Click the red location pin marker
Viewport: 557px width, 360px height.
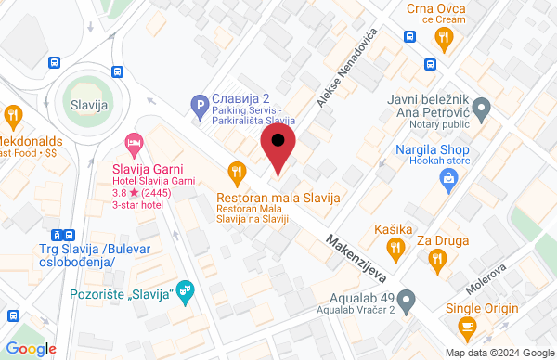pos(278,148)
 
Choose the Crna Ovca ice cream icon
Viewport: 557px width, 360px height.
pos(444,38)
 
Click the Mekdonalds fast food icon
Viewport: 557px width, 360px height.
pos(13,117)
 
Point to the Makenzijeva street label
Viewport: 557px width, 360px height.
pos(357,256)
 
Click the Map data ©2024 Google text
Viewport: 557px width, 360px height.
pos(498,353)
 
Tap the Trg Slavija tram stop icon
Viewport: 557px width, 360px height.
pos(63,236)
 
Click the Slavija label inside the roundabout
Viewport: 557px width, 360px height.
pos(89,105)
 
